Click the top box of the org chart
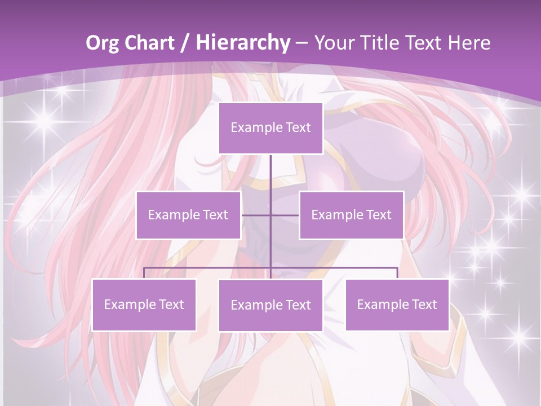click(x=270, y=128)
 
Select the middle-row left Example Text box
click(x=188, y=215)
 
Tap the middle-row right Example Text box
click(x=351, y=215)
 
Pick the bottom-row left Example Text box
click(x=144, y=304)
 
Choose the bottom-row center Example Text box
click(x=270, y=305)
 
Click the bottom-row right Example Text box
click(x=397, y=304)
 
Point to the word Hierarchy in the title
click(x=242, y=43)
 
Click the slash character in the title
click(x=185, y=43)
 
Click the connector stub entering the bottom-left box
click(x=144, y=273)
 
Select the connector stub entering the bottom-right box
click(x=397, y=273)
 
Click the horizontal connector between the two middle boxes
click(x=270, y=215)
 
